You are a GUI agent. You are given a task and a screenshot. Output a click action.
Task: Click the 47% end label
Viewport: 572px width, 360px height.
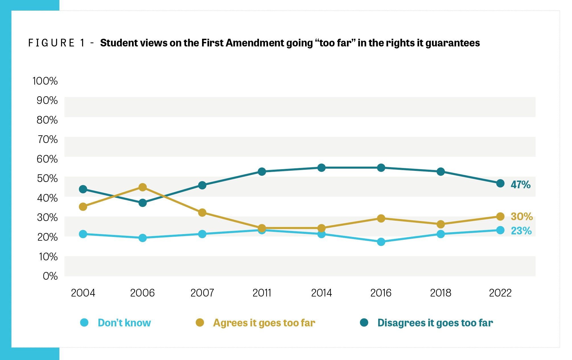pyautogui.click(x=520, y=185)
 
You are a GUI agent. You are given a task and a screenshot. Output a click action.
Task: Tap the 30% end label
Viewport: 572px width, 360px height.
pyautogui.click(x=521, y=217)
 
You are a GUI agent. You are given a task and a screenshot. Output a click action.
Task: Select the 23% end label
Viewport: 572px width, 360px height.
pyautogui.click(x=521, y=231)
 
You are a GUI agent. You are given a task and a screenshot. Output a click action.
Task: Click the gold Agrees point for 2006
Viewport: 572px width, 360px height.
pyautogui.click(x=143, y=187)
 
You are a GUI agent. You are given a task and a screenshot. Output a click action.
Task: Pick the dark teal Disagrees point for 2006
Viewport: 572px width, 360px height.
pyautogui.click(x=143, y=203)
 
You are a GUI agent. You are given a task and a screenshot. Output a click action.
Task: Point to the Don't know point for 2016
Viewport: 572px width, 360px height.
pyautogui.click(x=381, y=242)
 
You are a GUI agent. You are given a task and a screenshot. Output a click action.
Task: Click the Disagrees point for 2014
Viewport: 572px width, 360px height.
pyautogui.click(x=321, y=168)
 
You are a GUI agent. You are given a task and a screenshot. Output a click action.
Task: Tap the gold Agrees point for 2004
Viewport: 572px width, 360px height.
pyautogui.click(x=83, y=206)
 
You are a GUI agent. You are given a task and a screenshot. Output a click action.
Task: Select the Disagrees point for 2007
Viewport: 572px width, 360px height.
pyautogui.click(x=202, y=185)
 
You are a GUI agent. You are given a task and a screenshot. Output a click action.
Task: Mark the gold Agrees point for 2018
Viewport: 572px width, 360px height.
pyautogui.click(x=441, y=224)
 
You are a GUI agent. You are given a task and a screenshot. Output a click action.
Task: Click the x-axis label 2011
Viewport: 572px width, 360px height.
pyautogui.click(x=262, y=293)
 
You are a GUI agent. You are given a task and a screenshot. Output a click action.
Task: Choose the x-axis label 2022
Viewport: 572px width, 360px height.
pyautogui.click(x=500, y=293)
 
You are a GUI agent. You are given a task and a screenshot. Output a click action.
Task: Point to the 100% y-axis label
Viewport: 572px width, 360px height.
pyautogui.click(x=45, y=81)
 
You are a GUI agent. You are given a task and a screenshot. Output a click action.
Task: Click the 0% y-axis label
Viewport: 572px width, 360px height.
pyautogui.click(x=50, y=276)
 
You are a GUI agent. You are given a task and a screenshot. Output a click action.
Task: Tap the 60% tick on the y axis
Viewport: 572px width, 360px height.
pyautogui.click(x=47, y=159)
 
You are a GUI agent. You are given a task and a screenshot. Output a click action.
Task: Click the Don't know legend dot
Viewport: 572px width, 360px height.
pyautogui.click(x=84, y=323)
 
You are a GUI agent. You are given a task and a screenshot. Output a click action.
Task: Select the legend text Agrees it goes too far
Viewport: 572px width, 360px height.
pyautogui.click(x=264, y=323)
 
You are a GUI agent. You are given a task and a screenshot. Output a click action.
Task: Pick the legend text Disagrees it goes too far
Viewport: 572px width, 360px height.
pyautogui.click(x=435, y=323)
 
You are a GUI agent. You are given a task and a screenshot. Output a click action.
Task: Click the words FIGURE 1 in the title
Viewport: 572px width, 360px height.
pyautogui.click(x=57, y=43)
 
